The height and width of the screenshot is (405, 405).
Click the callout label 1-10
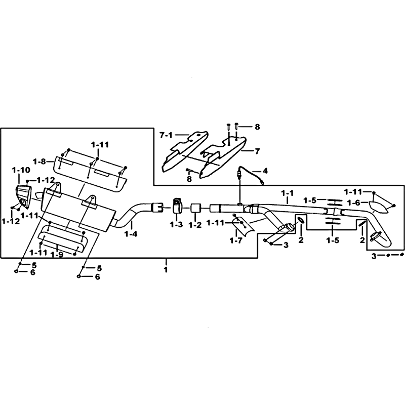click(x=21, y=170)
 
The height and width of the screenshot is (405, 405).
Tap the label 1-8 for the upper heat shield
click(x=39, y=162)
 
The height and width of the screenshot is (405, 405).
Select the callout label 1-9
click(x=57, y=255)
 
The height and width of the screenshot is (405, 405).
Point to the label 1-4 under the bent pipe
click(x=131, y=234)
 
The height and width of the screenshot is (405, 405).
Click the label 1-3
click(x=176, y=225)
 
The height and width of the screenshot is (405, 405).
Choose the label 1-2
click(x=195, y=225)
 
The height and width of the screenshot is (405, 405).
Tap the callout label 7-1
click(x=166, y=135)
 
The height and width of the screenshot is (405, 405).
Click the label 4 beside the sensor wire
click(x=265, y=171)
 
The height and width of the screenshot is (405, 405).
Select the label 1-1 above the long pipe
click(x=287, y=193)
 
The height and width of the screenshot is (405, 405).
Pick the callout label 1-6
click(x=354, y=203)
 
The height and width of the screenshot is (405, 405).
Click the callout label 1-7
click(x=236, y=241)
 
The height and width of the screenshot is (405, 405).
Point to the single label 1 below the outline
click(x=166, y=270)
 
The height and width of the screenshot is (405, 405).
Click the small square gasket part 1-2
click(x=196, y=208)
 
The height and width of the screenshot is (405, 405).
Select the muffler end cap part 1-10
click(x=23, y=196)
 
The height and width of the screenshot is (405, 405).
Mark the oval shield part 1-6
click(x=379, y=207)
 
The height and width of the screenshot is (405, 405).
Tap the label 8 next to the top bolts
click(x=257, y=127)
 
